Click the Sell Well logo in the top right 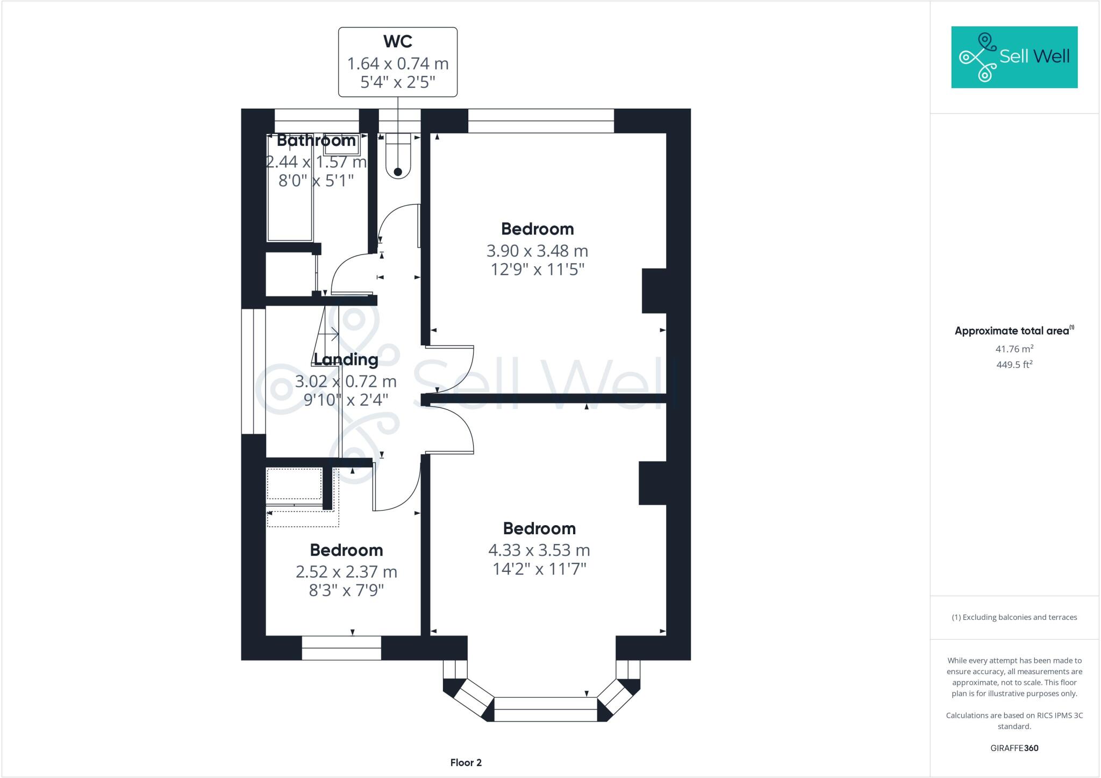(x=1014, y=57)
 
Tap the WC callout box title (x=398, y=41)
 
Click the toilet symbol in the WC (x=398, y=156)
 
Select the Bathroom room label (x=316, y=140)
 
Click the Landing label (x=346, y=359)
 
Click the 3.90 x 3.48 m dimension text (x=537, y=251)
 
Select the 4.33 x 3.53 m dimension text (x=539, y=550)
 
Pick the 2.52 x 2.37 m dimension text (x=346, y=572)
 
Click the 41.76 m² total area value (x=1014, y=349)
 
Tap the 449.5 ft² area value (x=1014, y=365)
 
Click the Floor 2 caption (x=466, y=762)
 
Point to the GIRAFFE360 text (x=1014, y=748)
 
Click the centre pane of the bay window (x=545, y=709)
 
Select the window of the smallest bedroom (x=341, y=648)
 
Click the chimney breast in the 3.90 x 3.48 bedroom (x=654, y=291)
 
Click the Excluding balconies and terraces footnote (x=1014, y=617)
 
